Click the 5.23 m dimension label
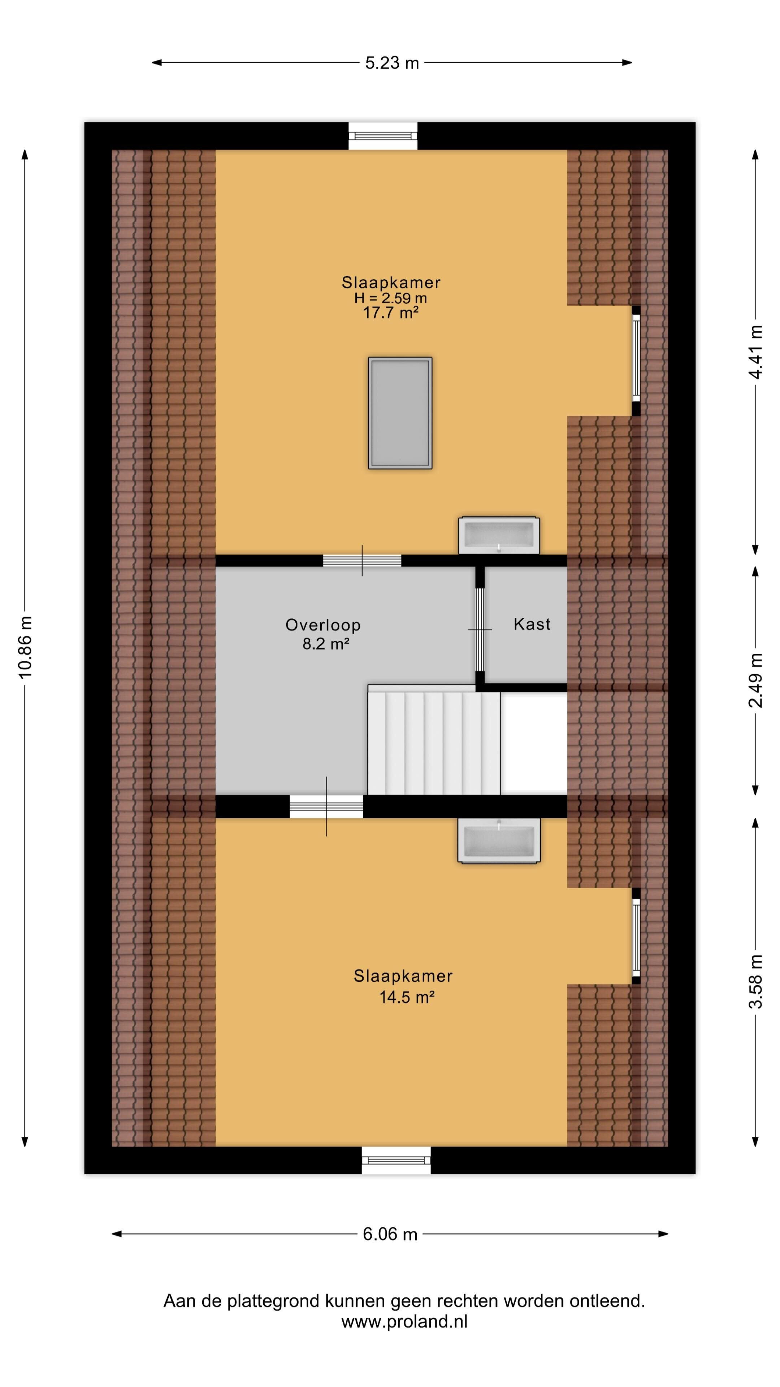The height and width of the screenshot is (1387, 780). click(392, 63)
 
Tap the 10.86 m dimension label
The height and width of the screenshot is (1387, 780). click(25, 647)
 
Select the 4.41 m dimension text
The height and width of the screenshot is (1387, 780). click(756, 352)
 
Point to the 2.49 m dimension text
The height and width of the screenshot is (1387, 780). click(756, 680)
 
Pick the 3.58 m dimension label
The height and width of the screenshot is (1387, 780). click(756, 981)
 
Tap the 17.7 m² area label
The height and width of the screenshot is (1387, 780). click(391, 312)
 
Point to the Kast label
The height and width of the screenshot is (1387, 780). click(532, 624)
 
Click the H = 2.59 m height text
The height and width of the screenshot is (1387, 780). click(391, 298)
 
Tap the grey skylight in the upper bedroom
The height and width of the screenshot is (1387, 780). click(400, 413)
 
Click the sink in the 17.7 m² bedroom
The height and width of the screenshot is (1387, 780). click(499, 535)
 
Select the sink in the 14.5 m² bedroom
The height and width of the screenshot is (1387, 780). click(499, 841)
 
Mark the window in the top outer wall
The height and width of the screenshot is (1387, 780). click(383, 136)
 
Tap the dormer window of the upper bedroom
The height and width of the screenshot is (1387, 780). click(636, 361)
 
